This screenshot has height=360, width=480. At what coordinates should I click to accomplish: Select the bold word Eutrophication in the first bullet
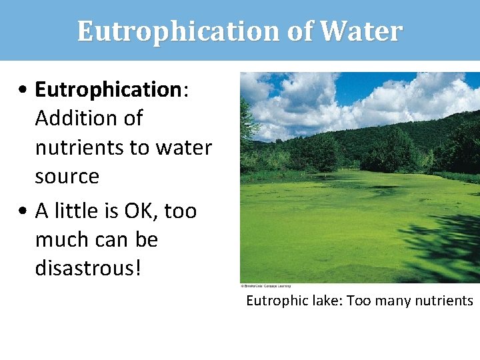point(107,89)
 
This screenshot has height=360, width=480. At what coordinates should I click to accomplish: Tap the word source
point(67,177)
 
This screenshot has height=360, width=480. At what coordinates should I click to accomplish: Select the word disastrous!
point(88,269)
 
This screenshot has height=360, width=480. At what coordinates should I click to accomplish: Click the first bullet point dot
point(23,90)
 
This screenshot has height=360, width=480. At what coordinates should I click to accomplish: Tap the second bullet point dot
point(23,211)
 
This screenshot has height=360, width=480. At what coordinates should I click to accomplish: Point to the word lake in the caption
point(325,301)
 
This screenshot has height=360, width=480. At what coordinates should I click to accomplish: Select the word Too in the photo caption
point(359,301)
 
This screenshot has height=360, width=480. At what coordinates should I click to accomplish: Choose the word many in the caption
point(395,301)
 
